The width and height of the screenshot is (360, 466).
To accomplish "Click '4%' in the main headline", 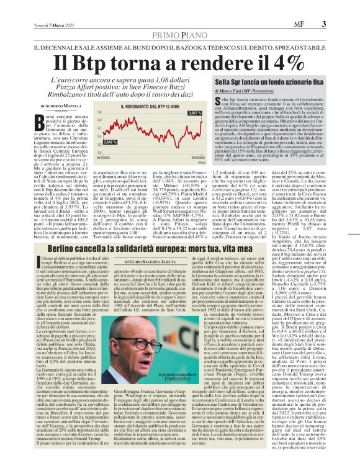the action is [271, 63].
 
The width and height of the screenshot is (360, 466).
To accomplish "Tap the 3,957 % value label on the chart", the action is [194, 113].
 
